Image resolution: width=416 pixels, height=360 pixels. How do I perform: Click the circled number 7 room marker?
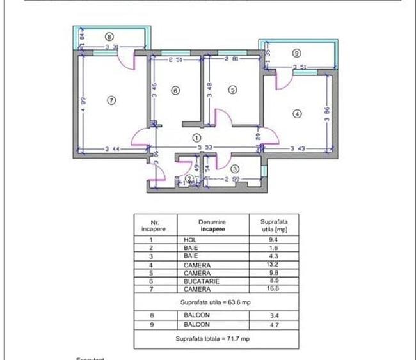[111, 100]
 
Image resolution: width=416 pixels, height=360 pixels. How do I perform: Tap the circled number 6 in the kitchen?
[175, 91]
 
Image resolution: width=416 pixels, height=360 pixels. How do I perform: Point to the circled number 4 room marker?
[296, 114]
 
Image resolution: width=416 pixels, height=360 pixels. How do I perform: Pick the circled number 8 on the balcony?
[109, 36]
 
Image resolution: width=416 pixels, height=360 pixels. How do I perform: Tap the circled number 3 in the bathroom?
[234, 168]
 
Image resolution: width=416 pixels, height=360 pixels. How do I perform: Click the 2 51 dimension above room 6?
[177, 61]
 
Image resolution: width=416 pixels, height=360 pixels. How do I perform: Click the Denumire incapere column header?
[212, 225]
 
